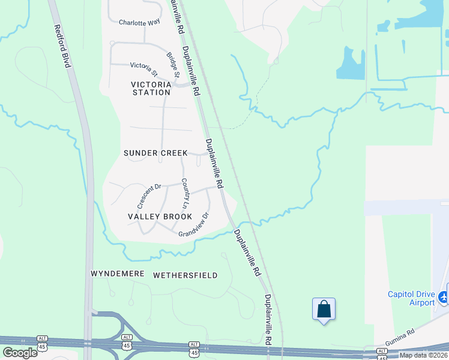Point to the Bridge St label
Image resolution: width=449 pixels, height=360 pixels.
pyautogui.click(x=173, y=65)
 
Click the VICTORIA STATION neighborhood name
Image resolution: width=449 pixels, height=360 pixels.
pyautogui.click(x=151, y=88)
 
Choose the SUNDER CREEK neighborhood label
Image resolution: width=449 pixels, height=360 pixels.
pyautogui.click(x=156, y=153)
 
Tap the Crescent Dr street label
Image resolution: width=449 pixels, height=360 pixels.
pyautogui.click(x=149, y=195)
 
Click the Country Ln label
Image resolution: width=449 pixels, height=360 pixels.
pyautogui.click(x=185, y=193)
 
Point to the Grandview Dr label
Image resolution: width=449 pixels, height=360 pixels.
pyautogui.click(x=193, y=225)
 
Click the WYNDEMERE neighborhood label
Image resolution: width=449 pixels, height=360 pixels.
pyautogui.click(x=118, y=274)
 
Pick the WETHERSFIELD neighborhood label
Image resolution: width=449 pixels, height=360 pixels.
pyautogui.click(x=185, y=275)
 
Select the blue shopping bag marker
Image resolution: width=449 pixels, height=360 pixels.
pyautogui.click(x=324, y=309)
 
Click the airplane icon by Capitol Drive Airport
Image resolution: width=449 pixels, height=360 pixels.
pyautogui.click(x=444, y=296)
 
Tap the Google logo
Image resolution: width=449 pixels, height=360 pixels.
pyautogui.click(x=20, y=352)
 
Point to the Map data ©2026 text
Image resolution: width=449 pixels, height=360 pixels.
pyautogui.click(x=423, y=355)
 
